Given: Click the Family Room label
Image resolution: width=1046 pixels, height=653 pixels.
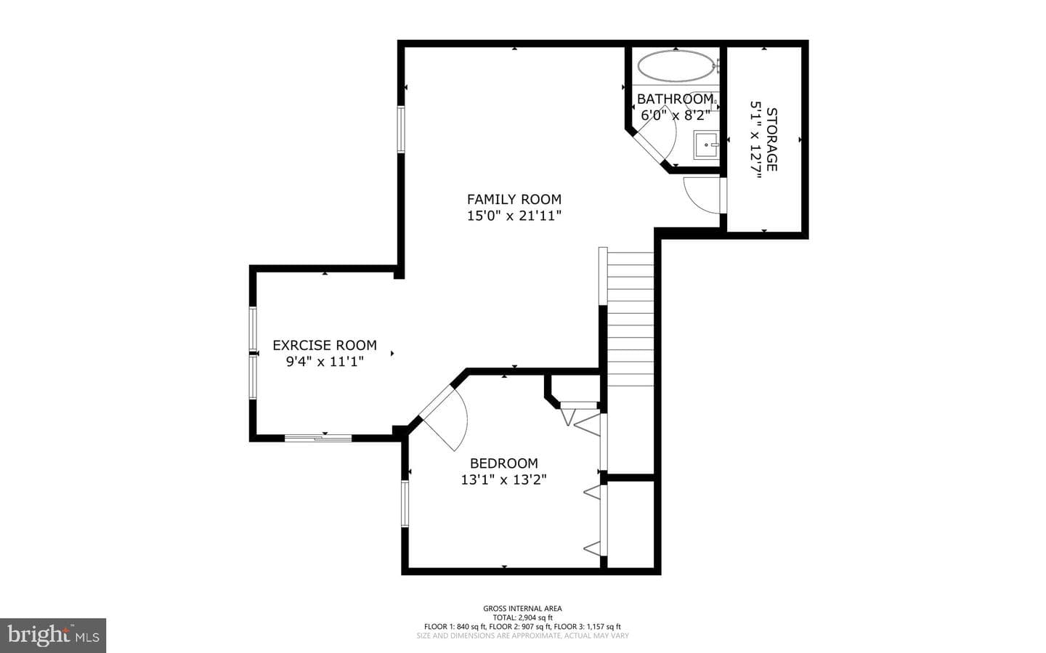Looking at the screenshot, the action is [x=514, y=200].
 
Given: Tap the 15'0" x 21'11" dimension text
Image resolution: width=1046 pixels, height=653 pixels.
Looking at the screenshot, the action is [x=514, y=216].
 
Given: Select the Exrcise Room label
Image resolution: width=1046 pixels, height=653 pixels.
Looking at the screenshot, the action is [x=325, y=345].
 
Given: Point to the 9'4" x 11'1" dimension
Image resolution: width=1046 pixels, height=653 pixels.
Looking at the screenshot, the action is [x=325, y=362].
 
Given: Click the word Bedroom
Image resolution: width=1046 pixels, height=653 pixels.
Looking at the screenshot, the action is [x=504, y=463].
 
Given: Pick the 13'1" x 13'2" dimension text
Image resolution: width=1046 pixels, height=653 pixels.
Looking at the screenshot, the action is [x=504, y=479].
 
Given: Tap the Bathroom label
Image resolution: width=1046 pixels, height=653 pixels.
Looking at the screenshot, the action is [x=676, y=99].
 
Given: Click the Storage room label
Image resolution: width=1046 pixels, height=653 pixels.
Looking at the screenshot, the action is [x=772, y=139].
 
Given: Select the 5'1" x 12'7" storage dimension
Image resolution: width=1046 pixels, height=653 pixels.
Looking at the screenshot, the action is [x=756, y=140].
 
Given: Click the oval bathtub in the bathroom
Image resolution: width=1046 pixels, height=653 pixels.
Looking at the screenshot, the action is [x=676, y=66].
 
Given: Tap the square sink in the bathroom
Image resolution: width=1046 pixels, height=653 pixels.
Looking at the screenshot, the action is [x=705, y=145].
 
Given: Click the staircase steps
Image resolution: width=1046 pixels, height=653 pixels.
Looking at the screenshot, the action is [x=631, y=320].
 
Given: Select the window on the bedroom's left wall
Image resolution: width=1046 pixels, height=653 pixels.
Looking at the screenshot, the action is [x=405, y=504].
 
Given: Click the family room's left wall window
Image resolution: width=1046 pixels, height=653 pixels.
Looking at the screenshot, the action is [x=401, y=129].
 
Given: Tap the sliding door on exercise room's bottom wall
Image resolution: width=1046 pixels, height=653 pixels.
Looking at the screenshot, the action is [x=318, y=438].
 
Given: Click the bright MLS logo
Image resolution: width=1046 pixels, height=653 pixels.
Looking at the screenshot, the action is [x=53, y=636].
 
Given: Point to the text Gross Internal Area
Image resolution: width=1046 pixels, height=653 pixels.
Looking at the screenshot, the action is [x=522, y=609].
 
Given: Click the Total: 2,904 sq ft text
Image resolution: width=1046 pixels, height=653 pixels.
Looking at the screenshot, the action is [x=522, y=617].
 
